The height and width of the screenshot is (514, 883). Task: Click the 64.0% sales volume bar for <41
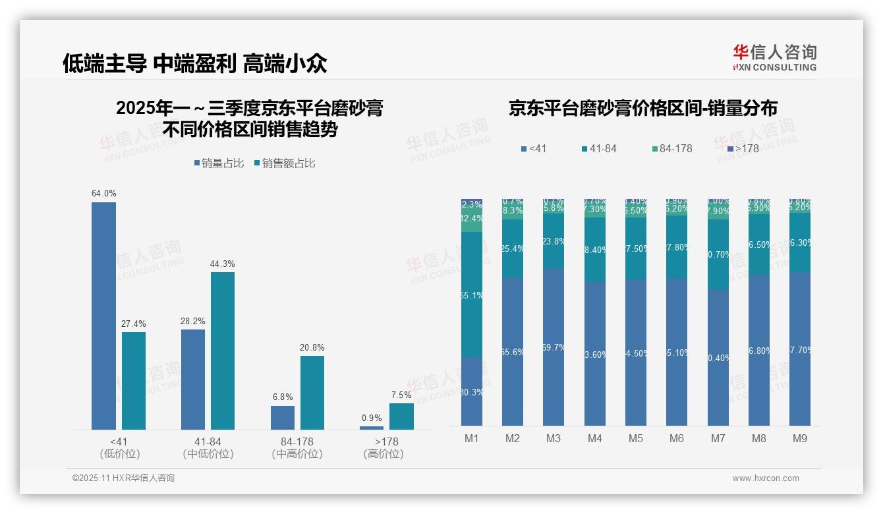tap(103, 316)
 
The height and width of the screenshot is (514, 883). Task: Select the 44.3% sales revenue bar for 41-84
tap(223, 351)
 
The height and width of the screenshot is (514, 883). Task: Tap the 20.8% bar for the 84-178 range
tap(312, 393)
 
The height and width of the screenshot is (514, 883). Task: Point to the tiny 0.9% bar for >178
tap(372, 428)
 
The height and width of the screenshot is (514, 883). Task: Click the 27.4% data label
tap(134, 324)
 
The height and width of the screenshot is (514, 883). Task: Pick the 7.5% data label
tap(401, 395)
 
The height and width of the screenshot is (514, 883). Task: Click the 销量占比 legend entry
tap(222, 163)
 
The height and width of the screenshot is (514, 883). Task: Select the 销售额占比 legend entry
tap(285, 163)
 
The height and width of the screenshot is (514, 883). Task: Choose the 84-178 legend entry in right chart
tap(671, 149)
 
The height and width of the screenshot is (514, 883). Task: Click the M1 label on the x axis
tap(472, 438)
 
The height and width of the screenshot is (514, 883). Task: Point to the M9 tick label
tap(800, 438)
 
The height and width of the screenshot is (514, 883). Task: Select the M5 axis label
tap(636, 438)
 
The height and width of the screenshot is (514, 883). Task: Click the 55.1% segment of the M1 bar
tap(472, 295)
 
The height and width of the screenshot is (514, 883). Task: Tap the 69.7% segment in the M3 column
tap(554, 347)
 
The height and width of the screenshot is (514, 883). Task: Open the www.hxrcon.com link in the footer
tap(766, 478)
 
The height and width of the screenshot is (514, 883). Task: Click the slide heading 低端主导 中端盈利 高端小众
tap(195, 63)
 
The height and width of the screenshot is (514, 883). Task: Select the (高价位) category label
tap(384, 454)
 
